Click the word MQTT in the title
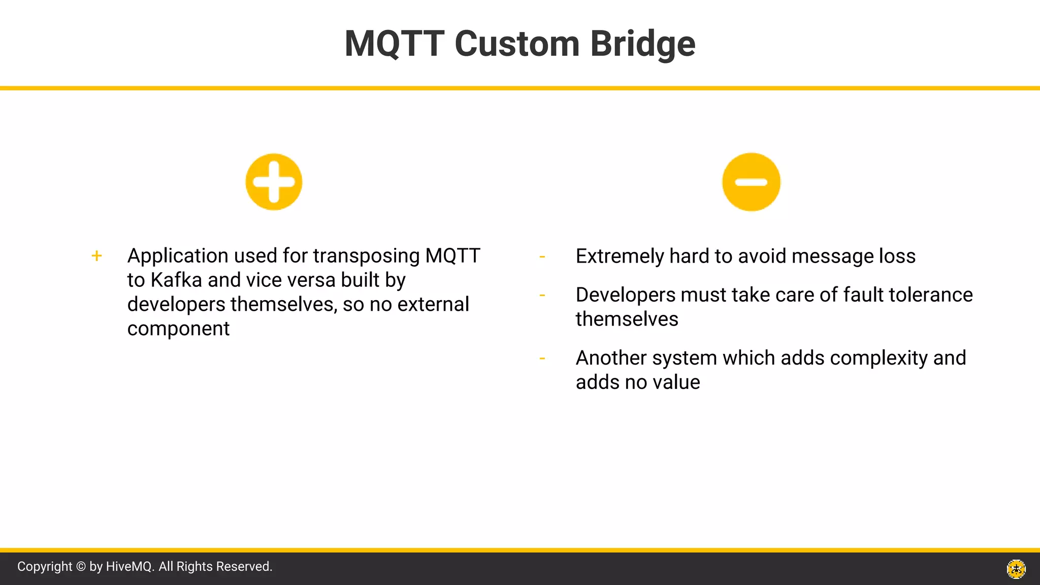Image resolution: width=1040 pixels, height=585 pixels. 395,44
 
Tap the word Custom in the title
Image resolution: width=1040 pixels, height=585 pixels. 516,44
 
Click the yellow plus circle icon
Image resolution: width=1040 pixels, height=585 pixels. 274,182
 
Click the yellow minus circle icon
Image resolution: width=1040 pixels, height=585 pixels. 751,182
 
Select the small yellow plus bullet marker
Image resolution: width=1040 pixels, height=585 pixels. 96,256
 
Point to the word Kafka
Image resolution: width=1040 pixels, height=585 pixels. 176,280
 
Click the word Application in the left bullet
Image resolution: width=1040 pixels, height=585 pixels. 177,256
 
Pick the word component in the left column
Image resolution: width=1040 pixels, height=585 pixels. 178,329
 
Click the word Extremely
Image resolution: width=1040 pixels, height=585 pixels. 619,256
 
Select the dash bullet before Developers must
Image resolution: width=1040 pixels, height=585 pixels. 542,295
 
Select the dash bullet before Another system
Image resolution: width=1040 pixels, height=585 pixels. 542,359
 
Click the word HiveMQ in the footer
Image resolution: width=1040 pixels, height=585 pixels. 129,567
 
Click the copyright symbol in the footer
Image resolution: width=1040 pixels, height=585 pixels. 81,567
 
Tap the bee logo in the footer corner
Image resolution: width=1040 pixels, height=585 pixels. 1016,569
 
